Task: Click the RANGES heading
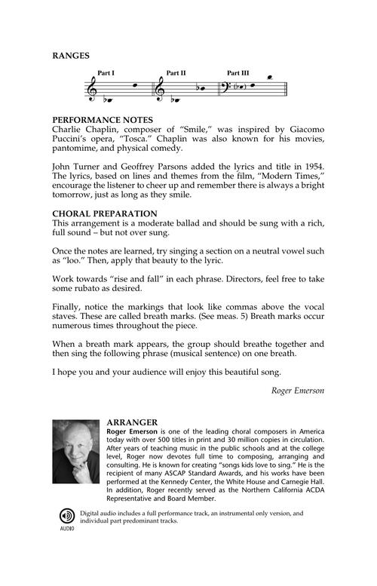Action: pyautogui.click(x=71, y=55)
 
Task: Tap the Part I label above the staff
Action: pyautogui.click(x=106, y=74)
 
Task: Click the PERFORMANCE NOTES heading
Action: pyautogui.click(x=103, y=120)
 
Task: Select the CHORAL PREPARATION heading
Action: pyautogui.click(x=104, y=214)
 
